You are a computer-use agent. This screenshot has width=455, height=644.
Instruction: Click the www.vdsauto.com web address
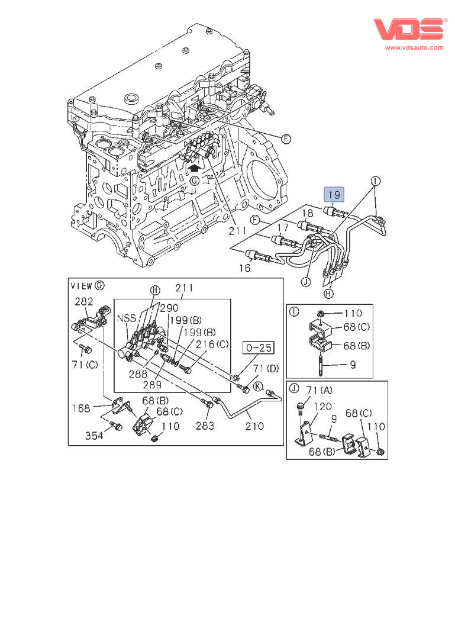pos(414,47)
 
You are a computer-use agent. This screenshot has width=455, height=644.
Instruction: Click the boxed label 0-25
pos(258,347)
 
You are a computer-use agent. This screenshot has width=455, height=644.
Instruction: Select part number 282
pos(84,301)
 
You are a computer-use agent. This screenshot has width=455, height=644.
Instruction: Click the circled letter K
pos(258,387)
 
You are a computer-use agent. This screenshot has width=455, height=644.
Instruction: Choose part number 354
pos(94,436)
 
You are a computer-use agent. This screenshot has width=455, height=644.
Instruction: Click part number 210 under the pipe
pos(255,426)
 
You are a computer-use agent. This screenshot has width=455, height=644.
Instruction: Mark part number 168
pos(81,408)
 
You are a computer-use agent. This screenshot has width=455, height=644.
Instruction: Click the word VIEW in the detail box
pos(82,285)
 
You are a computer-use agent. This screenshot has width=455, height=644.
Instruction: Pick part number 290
pos(169,308)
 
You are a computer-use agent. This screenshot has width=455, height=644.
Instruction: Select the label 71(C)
pos(85,365)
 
